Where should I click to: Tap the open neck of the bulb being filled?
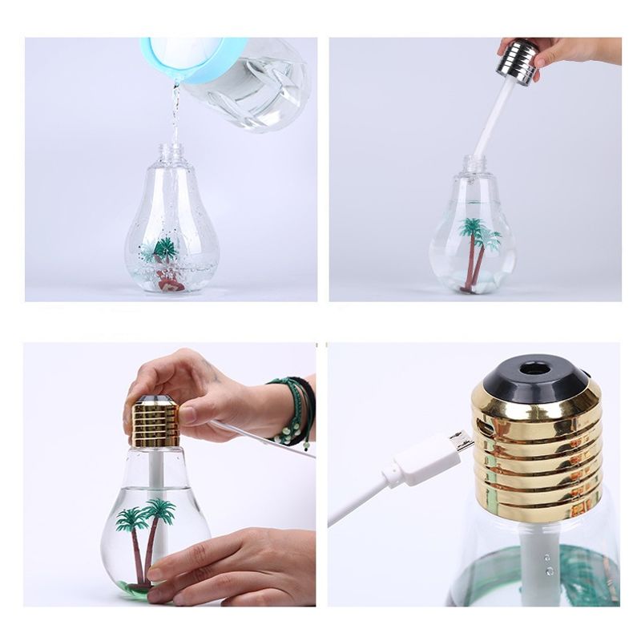point(171,151)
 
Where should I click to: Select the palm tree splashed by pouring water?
point(166,249)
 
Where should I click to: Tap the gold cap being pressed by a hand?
point(154,422)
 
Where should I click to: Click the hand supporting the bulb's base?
point(232,565)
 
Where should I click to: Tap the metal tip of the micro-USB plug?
point(460,443)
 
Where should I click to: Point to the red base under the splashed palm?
point(169,280)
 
